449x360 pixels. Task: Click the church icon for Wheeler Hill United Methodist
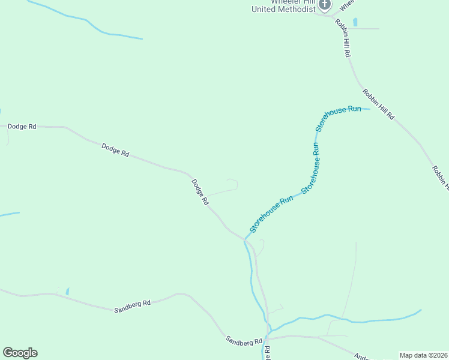(325, 5)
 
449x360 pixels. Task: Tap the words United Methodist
(283, 9)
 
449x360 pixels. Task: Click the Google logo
(20, 353)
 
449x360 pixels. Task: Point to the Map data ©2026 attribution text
(424, 355)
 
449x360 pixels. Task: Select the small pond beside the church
(355, 22)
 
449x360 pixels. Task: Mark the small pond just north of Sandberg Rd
(67, 291)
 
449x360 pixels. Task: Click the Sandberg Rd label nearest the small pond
(132, 305)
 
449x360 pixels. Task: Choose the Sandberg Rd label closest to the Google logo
(244, 340)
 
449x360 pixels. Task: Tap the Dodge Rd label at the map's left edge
(22, 127)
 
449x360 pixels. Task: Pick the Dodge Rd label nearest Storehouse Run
(200, 193)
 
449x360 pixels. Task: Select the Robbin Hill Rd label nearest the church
(343, 38)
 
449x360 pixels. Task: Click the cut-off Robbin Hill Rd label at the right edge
(440, 178)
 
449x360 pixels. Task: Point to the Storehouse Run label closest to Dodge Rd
(271, 214)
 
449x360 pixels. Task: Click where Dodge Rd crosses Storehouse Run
(244, 239)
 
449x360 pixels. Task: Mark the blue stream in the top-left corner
(90, 23)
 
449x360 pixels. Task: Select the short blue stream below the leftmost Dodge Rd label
(9, 214)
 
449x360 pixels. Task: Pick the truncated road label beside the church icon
(346, 5)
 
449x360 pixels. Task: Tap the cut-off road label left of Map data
(362, 356)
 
